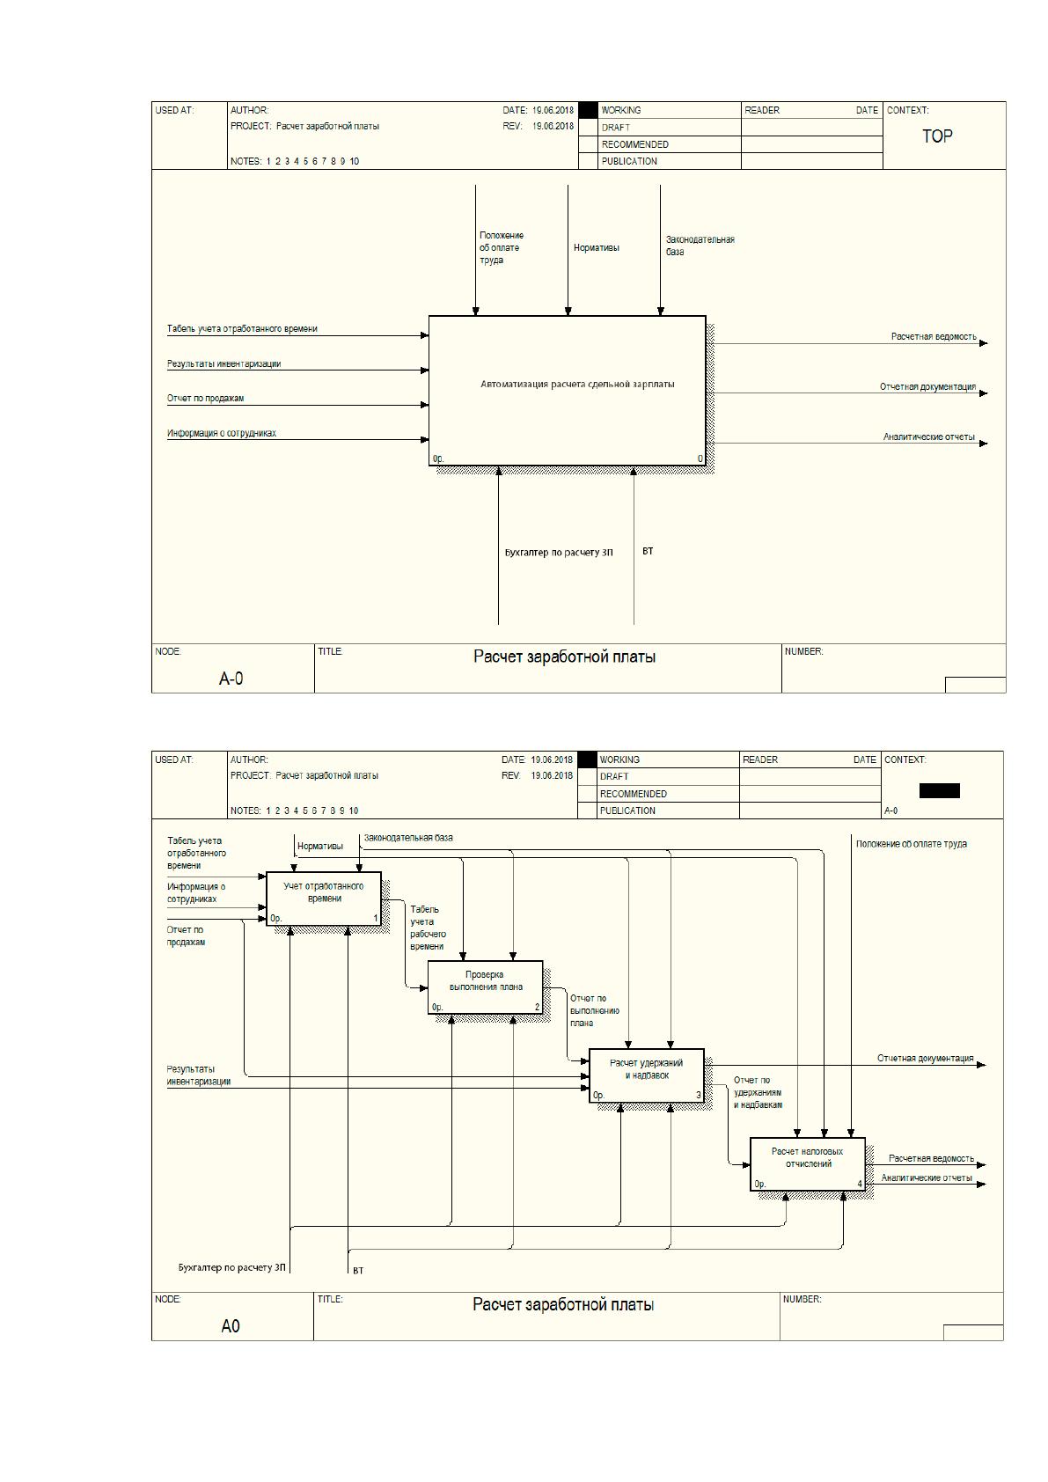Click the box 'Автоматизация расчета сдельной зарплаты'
coord(567,391)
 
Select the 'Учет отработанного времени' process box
coord(324,899)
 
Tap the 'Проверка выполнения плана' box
coord(486,987)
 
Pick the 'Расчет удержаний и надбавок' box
coord(647,1075)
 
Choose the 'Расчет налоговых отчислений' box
coord(807,1164)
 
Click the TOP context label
coord(937,136)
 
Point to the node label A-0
coord(231,679)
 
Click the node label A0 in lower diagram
coord(231,1326)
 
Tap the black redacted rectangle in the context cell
coord(940,790)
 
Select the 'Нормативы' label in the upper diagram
coord(596,248)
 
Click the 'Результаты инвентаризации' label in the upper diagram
coord(224,363)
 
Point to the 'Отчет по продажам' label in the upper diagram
coord(205,399)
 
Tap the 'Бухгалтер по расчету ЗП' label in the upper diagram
coord(559,553)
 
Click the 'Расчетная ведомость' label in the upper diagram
coord(934,337)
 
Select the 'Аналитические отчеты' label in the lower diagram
coord(927,1178)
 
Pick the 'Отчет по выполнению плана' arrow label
coord(594,1011)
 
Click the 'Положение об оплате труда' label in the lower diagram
coord(911,844)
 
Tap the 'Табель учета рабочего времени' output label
coord(428,928)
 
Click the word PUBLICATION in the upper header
coord(629,161)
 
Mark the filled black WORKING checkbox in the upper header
coord(588,110)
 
